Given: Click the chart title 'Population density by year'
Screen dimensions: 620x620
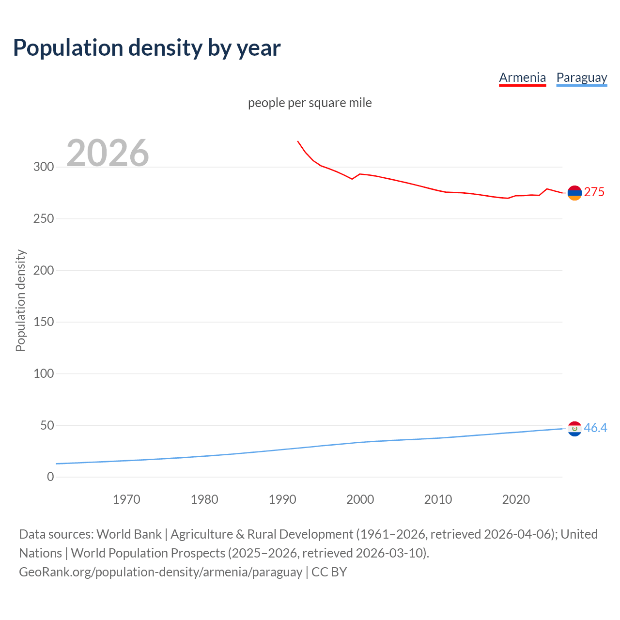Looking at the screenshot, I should coord(147,47).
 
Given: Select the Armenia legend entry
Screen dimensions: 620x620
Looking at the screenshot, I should coord(522,77).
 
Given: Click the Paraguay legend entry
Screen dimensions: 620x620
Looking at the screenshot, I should coord(581,77).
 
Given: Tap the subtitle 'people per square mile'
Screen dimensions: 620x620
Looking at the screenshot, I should coord(310,103).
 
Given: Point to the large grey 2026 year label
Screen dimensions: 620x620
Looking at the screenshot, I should coord(108,153).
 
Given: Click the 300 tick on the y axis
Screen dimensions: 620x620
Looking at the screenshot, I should coord(44,167).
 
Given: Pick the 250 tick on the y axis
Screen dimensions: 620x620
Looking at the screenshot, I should coord(44,219).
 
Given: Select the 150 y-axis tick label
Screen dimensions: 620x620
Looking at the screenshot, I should coord(44,322).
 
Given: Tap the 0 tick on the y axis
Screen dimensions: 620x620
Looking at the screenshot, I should coord(50,477).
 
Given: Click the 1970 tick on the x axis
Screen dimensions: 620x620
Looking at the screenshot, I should coord(126,499).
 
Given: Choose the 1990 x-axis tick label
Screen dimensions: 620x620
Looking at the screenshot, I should coord(282,499).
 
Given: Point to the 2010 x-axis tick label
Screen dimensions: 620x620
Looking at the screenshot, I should coord(438,499).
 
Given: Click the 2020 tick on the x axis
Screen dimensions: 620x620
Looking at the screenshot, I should coord(516,499).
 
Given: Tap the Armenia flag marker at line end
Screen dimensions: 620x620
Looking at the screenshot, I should coord(574,193).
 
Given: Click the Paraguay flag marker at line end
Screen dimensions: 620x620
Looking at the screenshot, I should coord(574,429).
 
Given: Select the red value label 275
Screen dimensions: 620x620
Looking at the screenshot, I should coord(594,192).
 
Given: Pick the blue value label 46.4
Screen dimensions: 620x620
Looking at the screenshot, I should coord(595,428).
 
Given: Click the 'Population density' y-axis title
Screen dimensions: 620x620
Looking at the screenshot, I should coord(20,300).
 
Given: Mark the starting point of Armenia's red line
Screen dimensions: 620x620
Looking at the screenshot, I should coord(297,141).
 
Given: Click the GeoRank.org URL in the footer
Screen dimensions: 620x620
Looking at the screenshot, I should coord(160,572).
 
